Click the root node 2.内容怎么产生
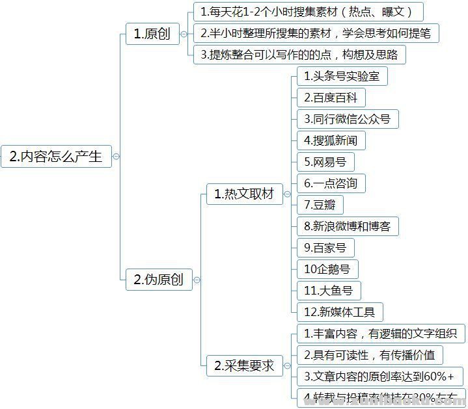56,156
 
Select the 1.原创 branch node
152,34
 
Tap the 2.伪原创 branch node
158,280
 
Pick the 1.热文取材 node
243,194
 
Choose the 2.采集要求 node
243,366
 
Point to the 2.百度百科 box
331,98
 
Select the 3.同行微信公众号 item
347,119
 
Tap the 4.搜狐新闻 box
331,140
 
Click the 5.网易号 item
325,162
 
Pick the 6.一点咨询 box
331,183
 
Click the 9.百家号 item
325,248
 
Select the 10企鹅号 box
327,269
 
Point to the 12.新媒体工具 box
339,312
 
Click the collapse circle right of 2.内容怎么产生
116,157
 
